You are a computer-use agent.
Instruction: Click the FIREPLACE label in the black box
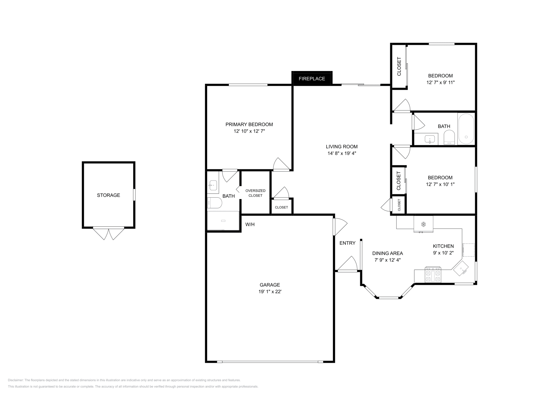coord(312,79)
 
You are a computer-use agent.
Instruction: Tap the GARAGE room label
coord(270,285)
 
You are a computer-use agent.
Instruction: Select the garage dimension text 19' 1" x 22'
coord(270,291)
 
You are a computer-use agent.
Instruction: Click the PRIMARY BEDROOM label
coord(249,125)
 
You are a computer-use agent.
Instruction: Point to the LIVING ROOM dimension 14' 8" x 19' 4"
coord(342,154)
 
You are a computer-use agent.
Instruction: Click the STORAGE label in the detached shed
coord(109,195)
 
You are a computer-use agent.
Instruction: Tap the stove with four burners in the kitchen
coord(433,275)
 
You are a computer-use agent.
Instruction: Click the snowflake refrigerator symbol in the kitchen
coord(423,224)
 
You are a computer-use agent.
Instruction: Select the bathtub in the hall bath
coord(466,129)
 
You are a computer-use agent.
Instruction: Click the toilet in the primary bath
coord(215,203)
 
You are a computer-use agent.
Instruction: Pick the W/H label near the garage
coord(250,224)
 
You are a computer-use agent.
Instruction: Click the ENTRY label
coord(347,243)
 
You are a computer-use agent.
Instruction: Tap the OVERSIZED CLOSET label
coord(255,193)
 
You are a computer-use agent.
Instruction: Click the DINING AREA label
coord(387,253)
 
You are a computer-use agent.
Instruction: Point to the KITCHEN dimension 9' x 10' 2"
coord(443,253)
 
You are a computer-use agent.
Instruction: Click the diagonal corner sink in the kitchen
coord(461,268)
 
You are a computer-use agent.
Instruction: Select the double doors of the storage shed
coord(109,233)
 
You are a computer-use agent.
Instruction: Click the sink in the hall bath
coord(430,139)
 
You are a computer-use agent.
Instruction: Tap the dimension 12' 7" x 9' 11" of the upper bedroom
coord(441,83)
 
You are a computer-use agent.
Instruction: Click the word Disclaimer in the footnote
coord(15,380)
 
